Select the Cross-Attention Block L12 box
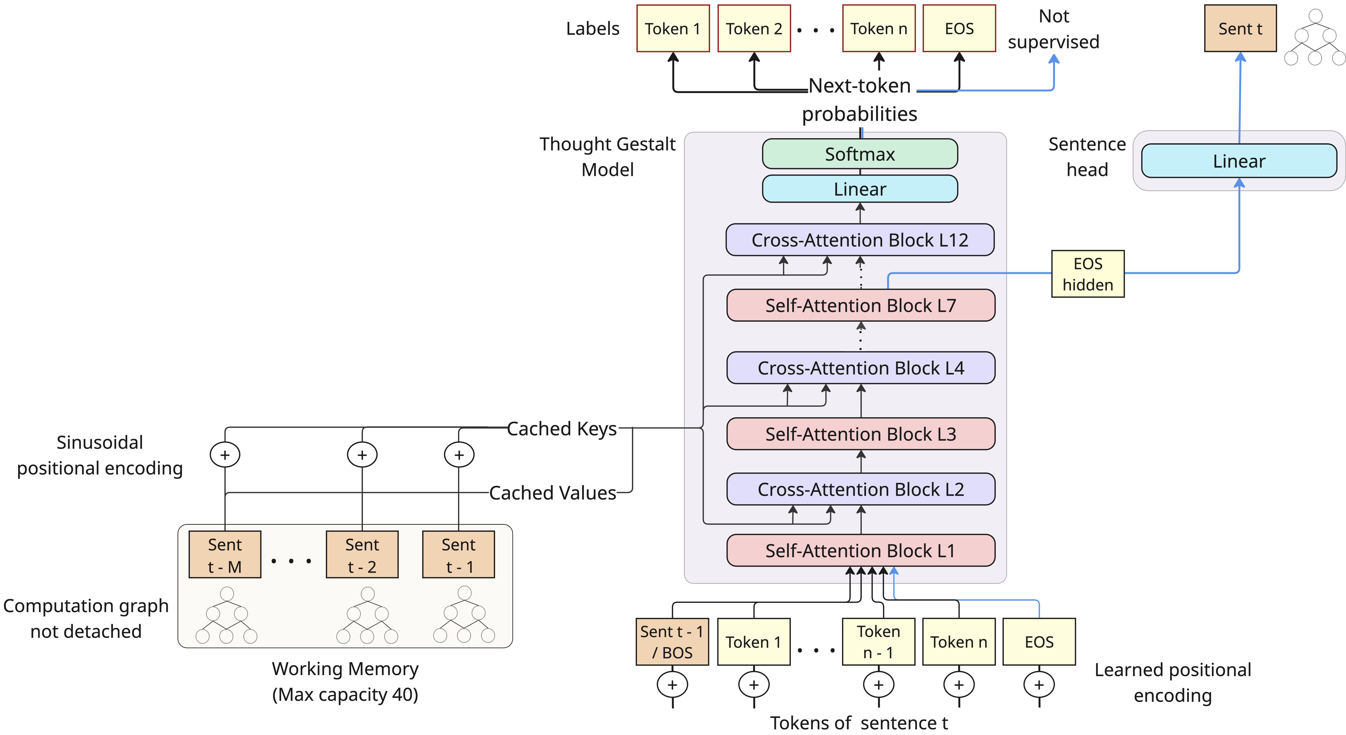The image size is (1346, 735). tap(860, 240)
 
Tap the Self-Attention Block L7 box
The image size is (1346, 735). tap(861, 305)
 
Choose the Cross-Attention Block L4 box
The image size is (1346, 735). tap(861, 368)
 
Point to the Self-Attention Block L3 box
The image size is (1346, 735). tap(861, 434)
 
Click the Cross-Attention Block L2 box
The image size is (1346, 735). tap(861, 489)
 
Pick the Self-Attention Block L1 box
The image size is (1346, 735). tap(861, 550)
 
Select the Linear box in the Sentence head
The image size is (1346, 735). tap(1239, 161)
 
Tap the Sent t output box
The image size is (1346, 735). tap(1240, 29)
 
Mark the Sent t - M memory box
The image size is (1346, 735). tap(225, 555)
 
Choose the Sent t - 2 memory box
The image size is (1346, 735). tap(362, 555)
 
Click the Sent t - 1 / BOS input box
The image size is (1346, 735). tap(672, 642)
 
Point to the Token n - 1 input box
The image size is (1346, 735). tap(878, 642)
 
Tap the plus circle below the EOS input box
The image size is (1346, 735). tap(1039, 685)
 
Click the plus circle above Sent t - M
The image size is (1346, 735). tap(225, 455)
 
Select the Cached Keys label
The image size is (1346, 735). tap(562, 429)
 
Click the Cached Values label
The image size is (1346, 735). tap(552, 493)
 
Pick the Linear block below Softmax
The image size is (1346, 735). tap(860, 189)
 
